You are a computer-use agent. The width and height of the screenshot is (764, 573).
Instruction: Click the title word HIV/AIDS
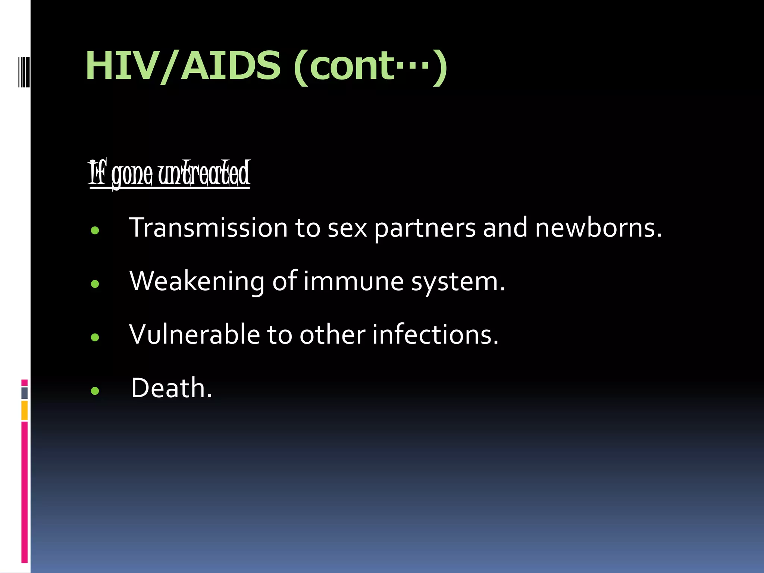[x=183, y=66]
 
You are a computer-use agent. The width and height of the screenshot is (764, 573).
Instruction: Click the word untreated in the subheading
[x=204, y=174]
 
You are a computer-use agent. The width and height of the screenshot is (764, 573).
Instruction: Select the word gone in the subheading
[x=132, y=175]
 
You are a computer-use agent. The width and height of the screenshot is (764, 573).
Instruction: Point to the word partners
[x=425, y=228]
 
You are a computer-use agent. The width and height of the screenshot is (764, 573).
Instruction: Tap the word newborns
[x=598, y=228]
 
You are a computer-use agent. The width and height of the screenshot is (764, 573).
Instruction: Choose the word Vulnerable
[x=194, y=334]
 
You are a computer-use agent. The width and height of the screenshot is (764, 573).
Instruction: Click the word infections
[x=435, y=334]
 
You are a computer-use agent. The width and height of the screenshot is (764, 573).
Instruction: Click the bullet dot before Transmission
[x=95, y=231]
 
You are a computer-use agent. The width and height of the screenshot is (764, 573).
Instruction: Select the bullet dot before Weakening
[x=95, y=284]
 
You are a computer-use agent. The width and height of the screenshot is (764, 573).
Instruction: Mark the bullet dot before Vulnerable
[x=95, y=337]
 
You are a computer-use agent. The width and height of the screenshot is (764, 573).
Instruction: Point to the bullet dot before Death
[x=95, y=391]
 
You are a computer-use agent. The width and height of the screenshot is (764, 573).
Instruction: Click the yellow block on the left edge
[x=24, y=410]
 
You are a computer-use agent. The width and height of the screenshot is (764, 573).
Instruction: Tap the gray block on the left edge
[x=24, y=393]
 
